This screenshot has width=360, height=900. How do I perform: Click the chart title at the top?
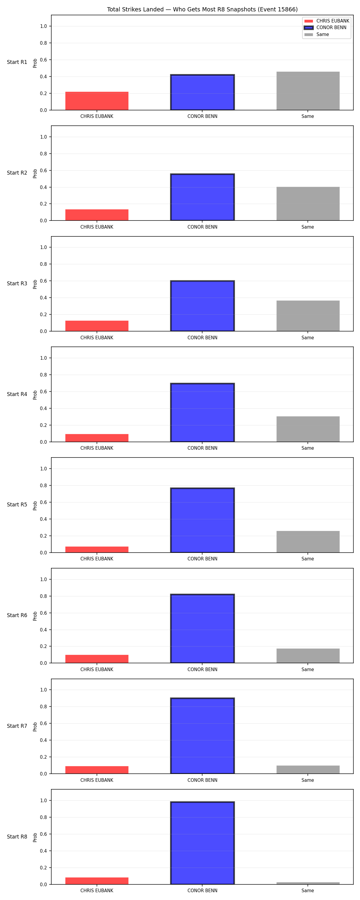pos(202,9)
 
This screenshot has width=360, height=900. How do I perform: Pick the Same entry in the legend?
pos(317,34)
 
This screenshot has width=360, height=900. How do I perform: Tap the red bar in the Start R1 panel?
pos(97,101)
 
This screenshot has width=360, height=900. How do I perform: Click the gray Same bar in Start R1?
pos(308,91)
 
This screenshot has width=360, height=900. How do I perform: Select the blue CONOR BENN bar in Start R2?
pos(202,197)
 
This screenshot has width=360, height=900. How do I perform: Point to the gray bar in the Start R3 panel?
pos(308,316)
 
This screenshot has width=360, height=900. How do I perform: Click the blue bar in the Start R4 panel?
pos(202,412)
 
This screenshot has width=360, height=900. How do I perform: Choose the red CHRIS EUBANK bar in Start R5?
pos(97,550)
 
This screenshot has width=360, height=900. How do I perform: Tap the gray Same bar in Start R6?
pos(308,656)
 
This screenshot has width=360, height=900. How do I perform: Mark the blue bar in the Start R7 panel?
pos(202,736)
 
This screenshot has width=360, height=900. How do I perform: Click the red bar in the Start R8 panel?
pos(97,881)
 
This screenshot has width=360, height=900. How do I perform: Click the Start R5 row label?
pos(17,505)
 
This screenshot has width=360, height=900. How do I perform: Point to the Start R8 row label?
pos(17,836)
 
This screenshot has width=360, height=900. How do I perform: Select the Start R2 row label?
pos(17,172)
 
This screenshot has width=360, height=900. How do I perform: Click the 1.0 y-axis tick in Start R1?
pos(43,26)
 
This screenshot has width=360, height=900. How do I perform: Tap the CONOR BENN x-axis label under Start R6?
pos(202,669)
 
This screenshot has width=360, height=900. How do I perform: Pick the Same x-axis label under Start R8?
pos(307,891)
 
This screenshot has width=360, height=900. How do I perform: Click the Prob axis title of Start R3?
pos(35,284)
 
